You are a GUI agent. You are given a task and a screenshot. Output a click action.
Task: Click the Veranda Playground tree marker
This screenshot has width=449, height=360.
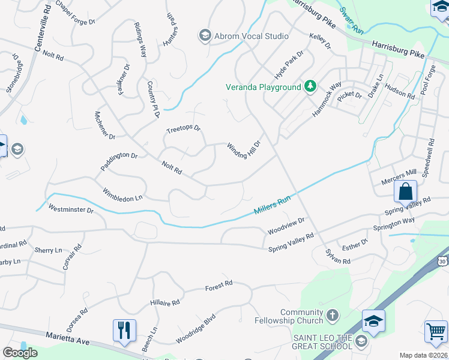[310, 87]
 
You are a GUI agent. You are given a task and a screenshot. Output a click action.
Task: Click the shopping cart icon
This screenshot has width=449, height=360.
[436, 331]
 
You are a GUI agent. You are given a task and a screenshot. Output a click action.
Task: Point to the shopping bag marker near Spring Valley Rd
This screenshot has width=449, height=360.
[406, 192]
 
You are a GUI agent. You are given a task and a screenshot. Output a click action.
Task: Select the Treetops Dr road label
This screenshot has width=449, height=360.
[183, 129]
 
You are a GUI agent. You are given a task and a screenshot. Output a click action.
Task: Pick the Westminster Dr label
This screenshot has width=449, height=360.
[71, 209]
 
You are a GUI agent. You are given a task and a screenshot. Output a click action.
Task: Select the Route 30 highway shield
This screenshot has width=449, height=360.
[442, 261]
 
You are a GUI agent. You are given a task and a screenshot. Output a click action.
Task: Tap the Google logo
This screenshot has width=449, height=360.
[20, 353]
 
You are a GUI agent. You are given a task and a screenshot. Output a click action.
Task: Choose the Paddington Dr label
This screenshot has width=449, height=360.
[119, 162]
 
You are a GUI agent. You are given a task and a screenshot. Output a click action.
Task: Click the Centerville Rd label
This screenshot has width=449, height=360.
[47, 23]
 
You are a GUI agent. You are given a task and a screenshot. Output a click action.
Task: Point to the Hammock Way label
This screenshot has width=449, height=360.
[327, 99]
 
